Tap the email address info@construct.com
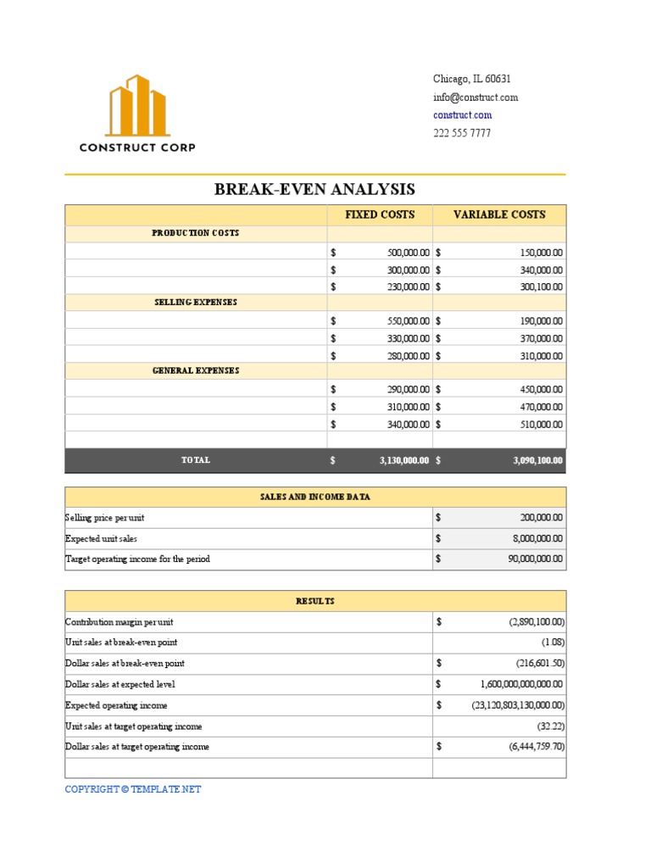click(475, 97)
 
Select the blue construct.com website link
click(462, 115)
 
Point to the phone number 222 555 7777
click(462, 133)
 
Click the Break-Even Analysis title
click(314, 189)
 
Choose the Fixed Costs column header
click(380, 214)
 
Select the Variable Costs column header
click(499, 214)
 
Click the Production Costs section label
click(195, 233)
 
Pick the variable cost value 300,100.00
click(541, 287)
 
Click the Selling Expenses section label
click(195, 302)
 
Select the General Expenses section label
click(195, 370)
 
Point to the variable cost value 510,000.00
click(541, 424)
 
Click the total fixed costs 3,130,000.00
click(404, 460)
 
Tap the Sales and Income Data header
click(314, 497)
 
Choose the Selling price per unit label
click(110, 517)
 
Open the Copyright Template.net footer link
click(133, 789)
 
